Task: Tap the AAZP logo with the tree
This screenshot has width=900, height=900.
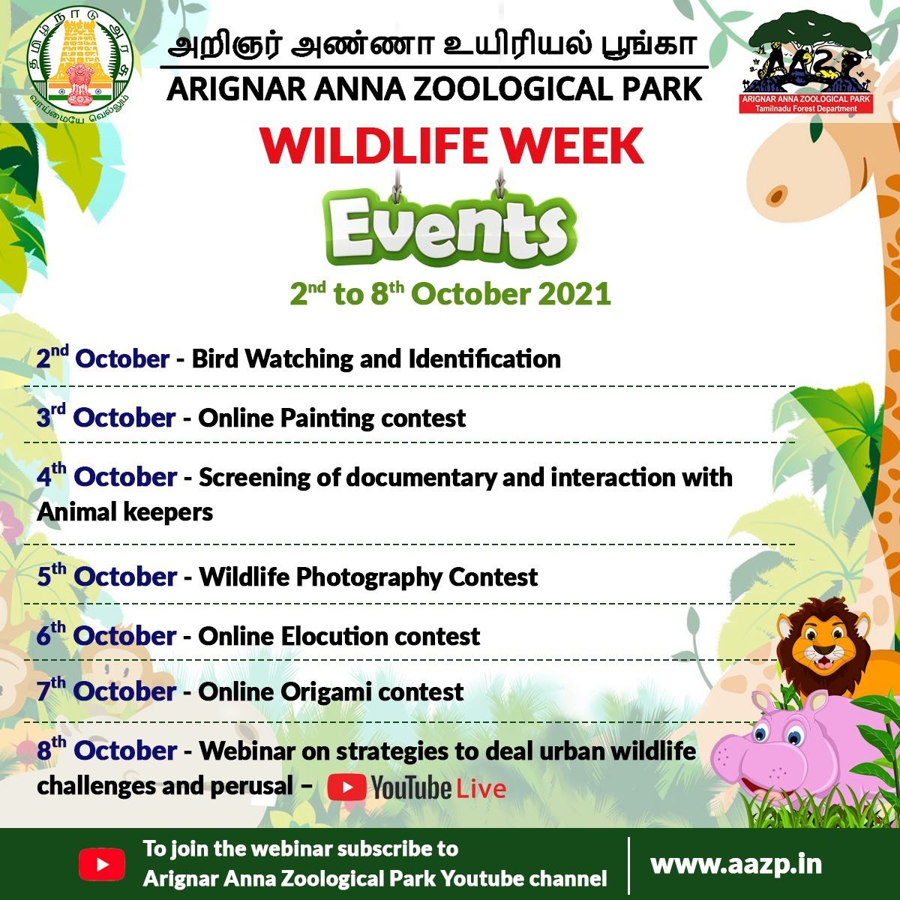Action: click(x=805, y=62)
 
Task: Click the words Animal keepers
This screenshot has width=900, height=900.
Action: click(x=124, y=513)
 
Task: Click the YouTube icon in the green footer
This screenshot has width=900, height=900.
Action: click(x=102, y=864)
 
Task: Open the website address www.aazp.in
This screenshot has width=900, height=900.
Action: click(x=736, y=864)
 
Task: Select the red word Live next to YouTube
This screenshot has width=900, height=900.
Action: click(x=481, y=789)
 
